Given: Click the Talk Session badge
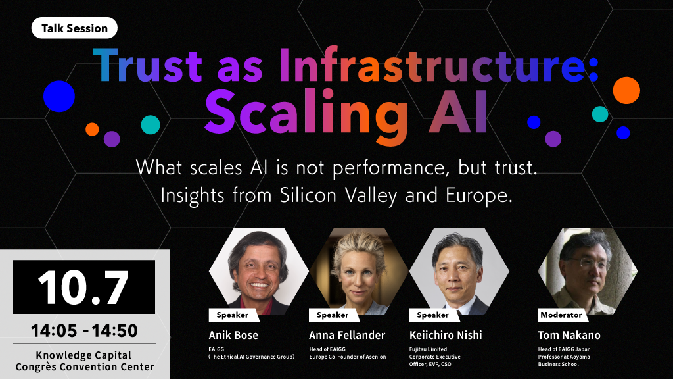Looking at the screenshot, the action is [74, 28].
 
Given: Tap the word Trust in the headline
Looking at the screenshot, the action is [147, 66].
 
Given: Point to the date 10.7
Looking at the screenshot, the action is [83, 287].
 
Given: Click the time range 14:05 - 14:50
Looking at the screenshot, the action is [84, 330].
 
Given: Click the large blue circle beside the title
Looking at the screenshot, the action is [59, 96].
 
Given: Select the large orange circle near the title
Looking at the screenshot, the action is [626, 91].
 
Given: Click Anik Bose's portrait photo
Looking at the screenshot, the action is [259, 271].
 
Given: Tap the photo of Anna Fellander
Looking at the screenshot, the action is [359, 271].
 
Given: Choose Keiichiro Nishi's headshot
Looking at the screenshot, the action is [459, 271].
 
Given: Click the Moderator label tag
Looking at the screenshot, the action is [561, 315].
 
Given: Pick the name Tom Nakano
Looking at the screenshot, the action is [569, 335].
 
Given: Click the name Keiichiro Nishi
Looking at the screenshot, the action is [446, 335].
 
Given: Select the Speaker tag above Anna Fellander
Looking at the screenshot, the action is [332, 315].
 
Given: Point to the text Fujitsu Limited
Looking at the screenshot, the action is [428, 349].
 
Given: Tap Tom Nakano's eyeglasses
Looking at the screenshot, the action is [590, 263].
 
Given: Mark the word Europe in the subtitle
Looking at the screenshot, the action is [479, 196].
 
